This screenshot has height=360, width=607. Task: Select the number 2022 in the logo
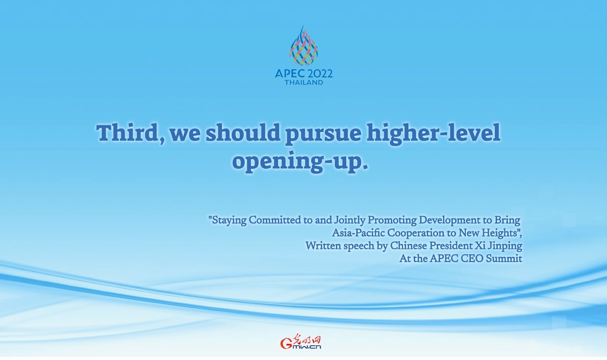319,73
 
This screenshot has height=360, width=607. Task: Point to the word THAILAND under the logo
304,82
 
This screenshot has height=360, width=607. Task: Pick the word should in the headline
243,133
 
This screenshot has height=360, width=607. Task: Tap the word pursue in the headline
324,136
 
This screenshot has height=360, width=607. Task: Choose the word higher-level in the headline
433,134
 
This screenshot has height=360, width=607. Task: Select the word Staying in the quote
227,220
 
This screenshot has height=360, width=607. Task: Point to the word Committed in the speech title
275,220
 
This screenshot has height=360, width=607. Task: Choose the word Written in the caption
323,246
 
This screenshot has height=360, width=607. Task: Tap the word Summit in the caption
504,259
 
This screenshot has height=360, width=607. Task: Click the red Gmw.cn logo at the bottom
301,342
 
